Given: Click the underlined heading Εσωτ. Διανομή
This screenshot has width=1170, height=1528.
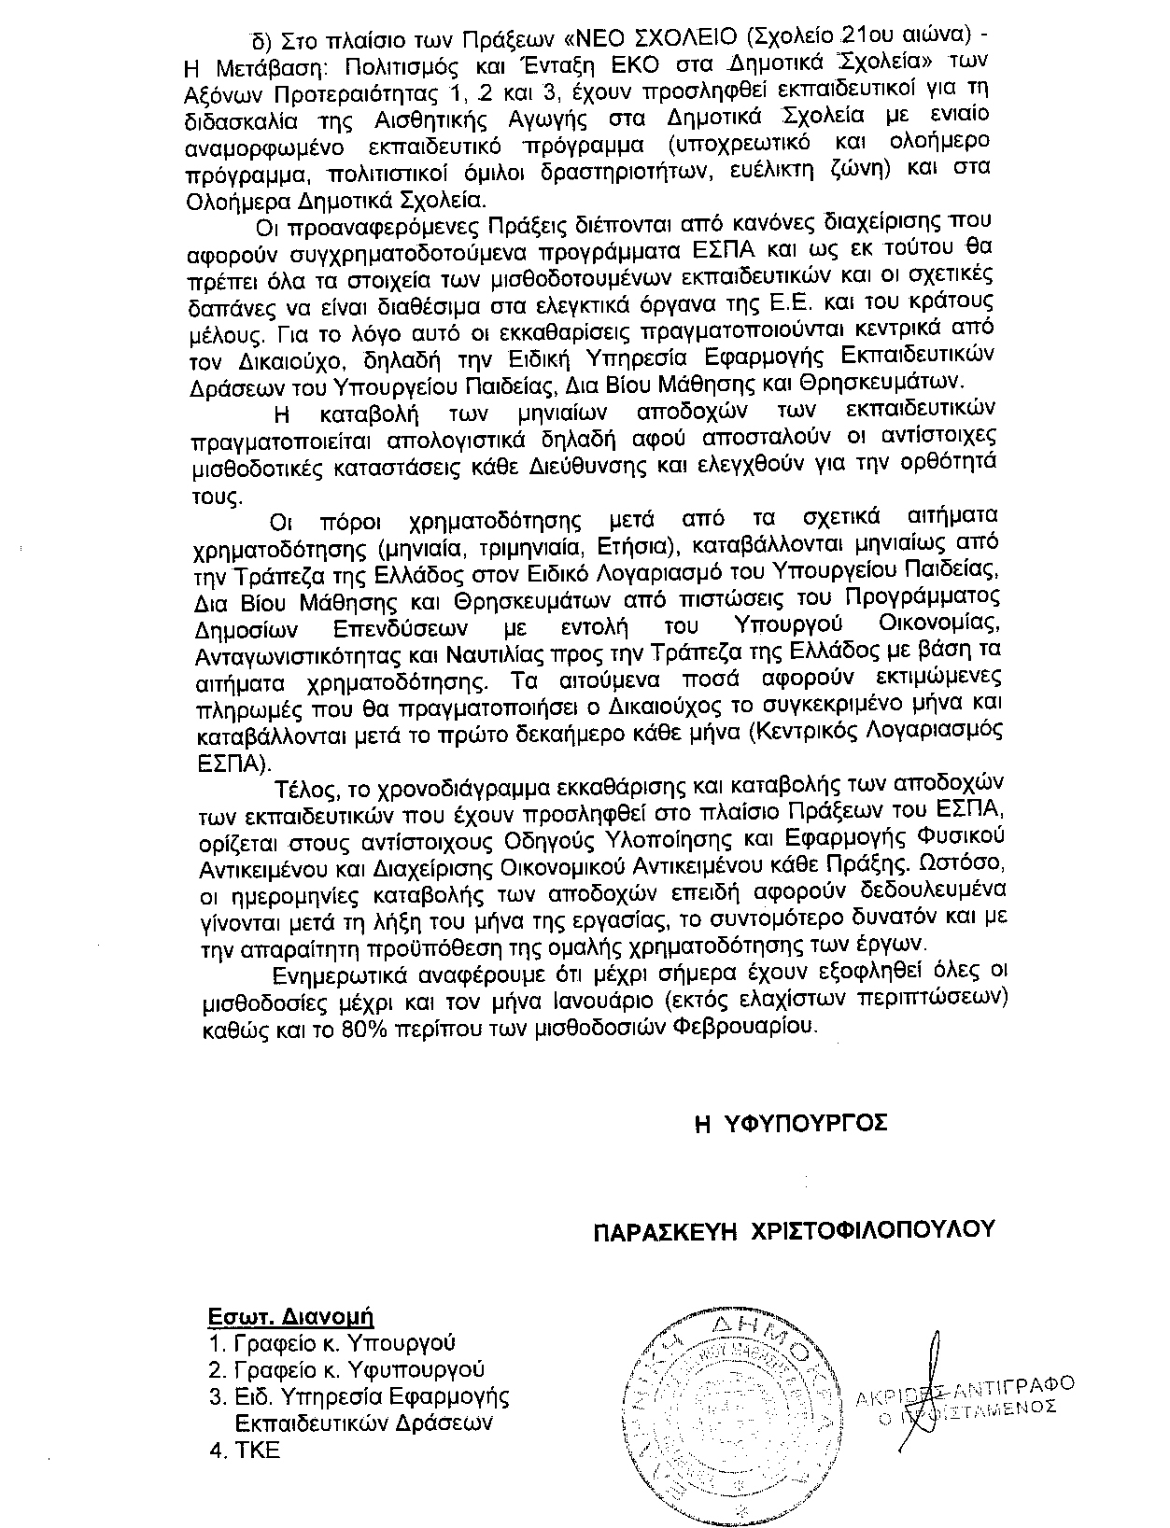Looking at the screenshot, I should pos(289,1317).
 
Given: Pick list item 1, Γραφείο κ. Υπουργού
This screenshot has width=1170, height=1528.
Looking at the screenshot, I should pos(331,1343).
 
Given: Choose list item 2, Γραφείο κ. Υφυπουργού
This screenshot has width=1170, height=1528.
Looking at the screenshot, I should pos(346,1369).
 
